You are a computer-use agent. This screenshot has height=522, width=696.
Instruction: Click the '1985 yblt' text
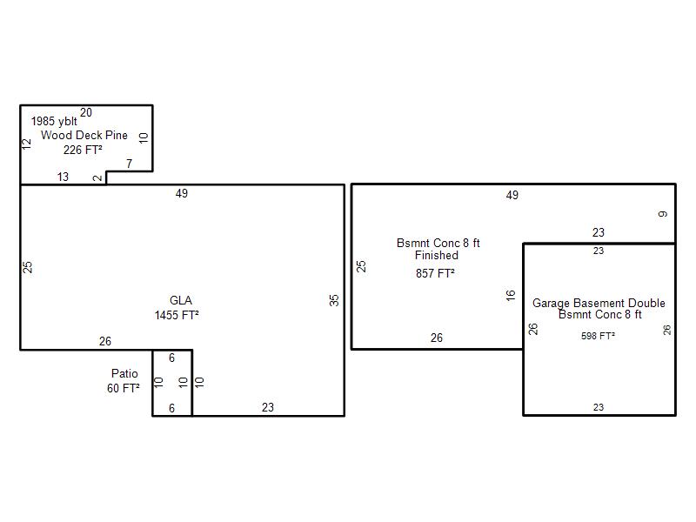pyautogui.click(x=54, y=121)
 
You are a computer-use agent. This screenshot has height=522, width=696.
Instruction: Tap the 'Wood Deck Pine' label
pyautogui.click(x=84, y=135)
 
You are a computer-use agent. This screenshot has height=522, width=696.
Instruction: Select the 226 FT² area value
pyautogui.click(x=83, y=150)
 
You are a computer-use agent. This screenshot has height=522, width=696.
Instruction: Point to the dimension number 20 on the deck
pyautogui.click(x=86, y=112)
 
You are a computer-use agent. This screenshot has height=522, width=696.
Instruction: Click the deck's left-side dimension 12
pyautogui.click(x=27, y=144)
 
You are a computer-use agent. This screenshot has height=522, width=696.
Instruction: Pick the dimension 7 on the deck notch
pyautogui.click(x=129, y=164)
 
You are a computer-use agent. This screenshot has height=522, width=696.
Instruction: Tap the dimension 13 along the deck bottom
pyautogui.click(x=63, y=177)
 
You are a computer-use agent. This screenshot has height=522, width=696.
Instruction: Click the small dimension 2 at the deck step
pyautogui.click(x=97, y=178)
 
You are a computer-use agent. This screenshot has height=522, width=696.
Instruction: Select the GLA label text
pyautogui.click(x=181, y=300)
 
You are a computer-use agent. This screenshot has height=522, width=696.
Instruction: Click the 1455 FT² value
pyautogui.click(x=177, y=315)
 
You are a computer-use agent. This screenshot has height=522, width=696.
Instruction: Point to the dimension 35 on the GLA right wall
pyautogui.click(x=334, y=300)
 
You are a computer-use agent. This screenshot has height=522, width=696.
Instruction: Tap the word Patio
pyautogui.click(x=124, y=373)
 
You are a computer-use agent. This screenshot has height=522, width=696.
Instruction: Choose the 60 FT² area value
pyautogui.click(x=124, y=388)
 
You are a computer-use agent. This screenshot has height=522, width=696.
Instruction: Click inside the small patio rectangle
pyautogui.click(x=172, y=383)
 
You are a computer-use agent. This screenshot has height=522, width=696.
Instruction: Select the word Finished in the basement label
pyautogui.click(x=437, y=255)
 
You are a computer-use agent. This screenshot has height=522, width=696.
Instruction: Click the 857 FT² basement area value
pyautogui.click(x=436, y=273)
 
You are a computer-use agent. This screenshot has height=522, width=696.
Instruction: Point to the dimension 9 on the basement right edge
pyautogui.click(x=663, y=214)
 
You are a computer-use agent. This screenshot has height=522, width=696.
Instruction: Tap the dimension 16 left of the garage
pyautogui.click(x=511, y=296)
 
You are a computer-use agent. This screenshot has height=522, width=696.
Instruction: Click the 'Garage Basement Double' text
pyautogui.click(x=599, y=303)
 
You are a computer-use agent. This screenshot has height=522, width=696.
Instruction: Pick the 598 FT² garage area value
pyautogui.click(x=598, y=336)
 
